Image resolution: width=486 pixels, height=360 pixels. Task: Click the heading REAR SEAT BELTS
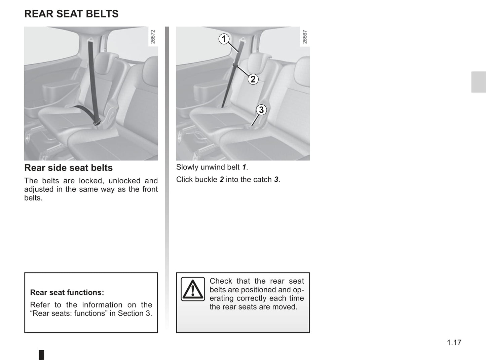pos(71,14)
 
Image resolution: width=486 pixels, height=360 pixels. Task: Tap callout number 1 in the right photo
pos(224,39)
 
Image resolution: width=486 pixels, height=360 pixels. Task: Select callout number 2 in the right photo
pos(253,79)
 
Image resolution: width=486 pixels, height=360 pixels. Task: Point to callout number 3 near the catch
pos(261,110)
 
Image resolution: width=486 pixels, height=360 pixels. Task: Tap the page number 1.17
pos(454,343)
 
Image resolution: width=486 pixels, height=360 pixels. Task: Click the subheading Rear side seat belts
pos(68,168)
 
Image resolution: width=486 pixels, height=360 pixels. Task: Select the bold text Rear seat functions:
pos(67,292)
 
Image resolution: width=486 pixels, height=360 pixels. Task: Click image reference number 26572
pos(153,37)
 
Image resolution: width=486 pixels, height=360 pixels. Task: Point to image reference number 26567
pos(305,37)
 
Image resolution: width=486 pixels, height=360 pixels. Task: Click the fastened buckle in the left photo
pos(98,123)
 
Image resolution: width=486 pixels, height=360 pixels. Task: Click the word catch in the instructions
pos(262,180)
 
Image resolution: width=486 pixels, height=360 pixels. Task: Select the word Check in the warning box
pos(221,281)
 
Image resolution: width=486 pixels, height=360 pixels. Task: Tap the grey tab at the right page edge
pos(478,82)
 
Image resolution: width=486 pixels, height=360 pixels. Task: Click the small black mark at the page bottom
pos(41,355)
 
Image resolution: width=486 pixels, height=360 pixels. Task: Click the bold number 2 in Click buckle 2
pos(222,180)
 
